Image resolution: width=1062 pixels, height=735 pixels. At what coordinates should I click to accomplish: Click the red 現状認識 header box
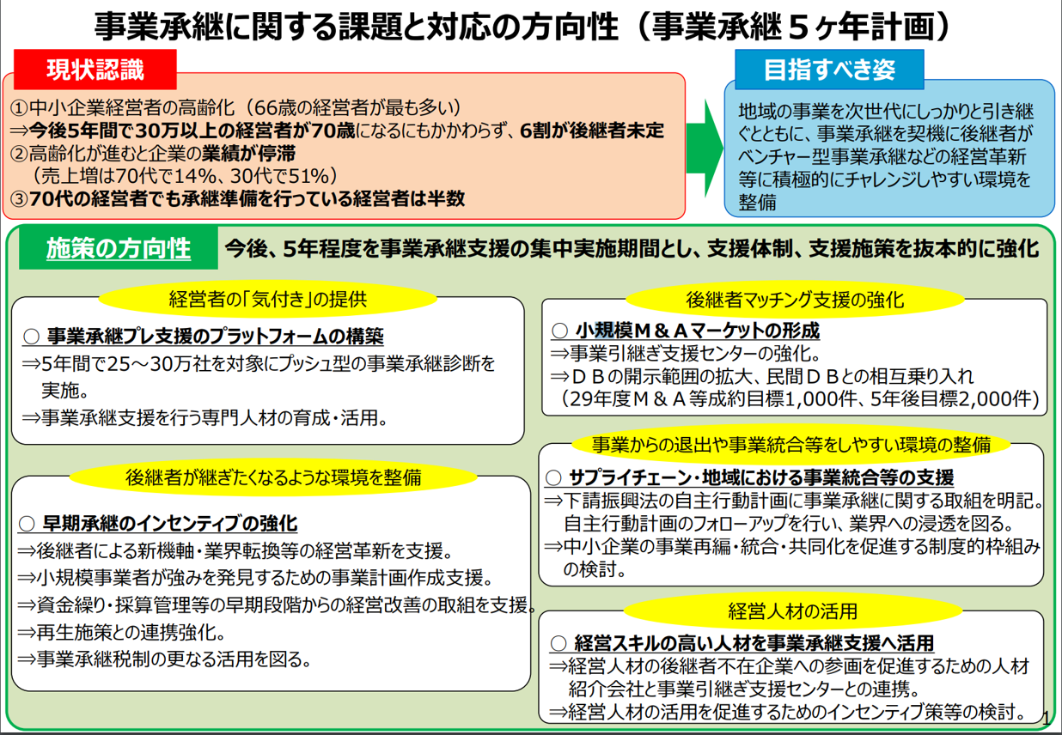[95, 70]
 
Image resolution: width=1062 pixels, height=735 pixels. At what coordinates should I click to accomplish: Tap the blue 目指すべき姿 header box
[829, 70]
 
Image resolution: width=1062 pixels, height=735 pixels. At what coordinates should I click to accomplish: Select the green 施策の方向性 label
[119, 248]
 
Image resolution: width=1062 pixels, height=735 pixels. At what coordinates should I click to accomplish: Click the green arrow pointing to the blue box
[705, 148]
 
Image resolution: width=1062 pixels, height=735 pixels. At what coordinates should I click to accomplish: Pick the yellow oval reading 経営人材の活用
[793, 611]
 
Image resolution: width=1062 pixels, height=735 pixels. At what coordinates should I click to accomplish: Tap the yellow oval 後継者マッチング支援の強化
[795, 300]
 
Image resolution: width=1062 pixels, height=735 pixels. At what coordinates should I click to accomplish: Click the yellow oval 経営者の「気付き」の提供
[268, 300]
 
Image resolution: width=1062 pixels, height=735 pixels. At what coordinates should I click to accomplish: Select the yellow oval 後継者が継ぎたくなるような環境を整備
[273, 477]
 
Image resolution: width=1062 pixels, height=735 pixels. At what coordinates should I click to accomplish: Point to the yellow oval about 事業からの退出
[790, 445]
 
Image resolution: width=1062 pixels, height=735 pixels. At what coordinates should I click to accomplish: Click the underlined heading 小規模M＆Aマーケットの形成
[686, 331]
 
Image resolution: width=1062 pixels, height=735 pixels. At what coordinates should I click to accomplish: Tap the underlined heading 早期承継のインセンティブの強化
[158, 524]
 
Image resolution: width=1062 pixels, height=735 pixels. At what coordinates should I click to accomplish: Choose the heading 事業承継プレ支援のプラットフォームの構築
[204, 337]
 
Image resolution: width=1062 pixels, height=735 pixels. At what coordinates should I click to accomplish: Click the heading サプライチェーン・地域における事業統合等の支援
[749, 477]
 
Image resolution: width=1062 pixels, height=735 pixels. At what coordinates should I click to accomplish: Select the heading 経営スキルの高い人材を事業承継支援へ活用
[742, 643]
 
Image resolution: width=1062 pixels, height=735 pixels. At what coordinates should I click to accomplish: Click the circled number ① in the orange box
[19, 108]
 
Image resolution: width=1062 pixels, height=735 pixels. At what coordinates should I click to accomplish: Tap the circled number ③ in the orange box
[19, 199]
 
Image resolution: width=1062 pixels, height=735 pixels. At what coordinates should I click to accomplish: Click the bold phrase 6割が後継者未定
[592, 131]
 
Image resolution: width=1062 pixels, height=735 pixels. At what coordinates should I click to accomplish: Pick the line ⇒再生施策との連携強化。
[121, 633]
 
